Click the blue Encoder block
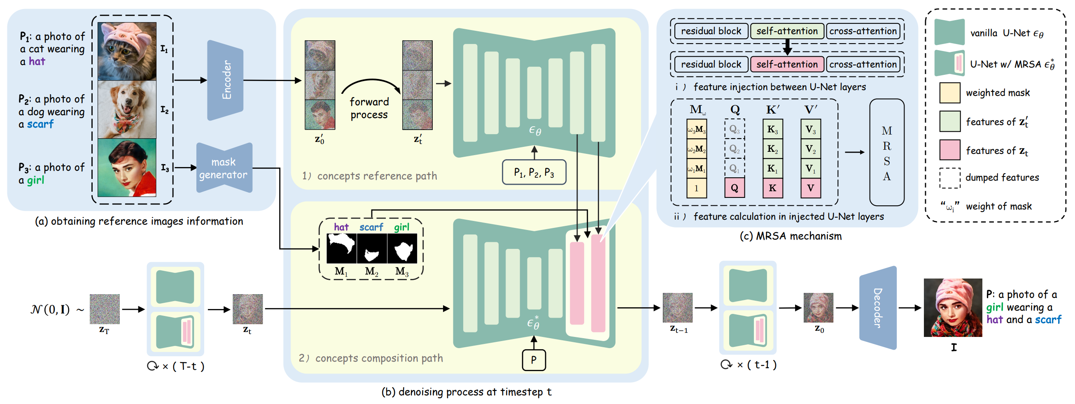[x=225, y=80]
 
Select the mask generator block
[x=224, y=168]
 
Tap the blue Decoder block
[x=878, y=308]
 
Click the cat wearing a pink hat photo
[x=127, y=51]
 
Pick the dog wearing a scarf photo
[x=127, y=109]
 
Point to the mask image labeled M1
[x=341, y=248]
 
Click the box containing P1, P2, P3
[x=534, y=172]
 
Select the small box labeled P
[x=534, y=360]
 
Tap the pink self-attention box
[x=787, y=64]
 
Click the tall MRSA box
[x=886, y=153]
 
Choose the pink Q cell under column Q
[x=735, y=188]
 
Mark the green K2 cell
[x=772, y=149]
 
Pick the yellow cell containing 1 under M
[x=697, y=188]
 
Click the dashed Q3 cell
[x=735, y=129]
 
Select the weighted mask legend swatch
[x=950, y=93]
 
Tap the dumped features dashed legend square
[x=950, y=178]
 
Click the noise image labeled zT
[x=105, y=309]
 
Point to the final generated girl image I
[x=953, y=308]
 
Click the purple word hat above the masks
[x=341, y=227]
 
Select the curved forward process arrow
[x=371, y=84]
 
